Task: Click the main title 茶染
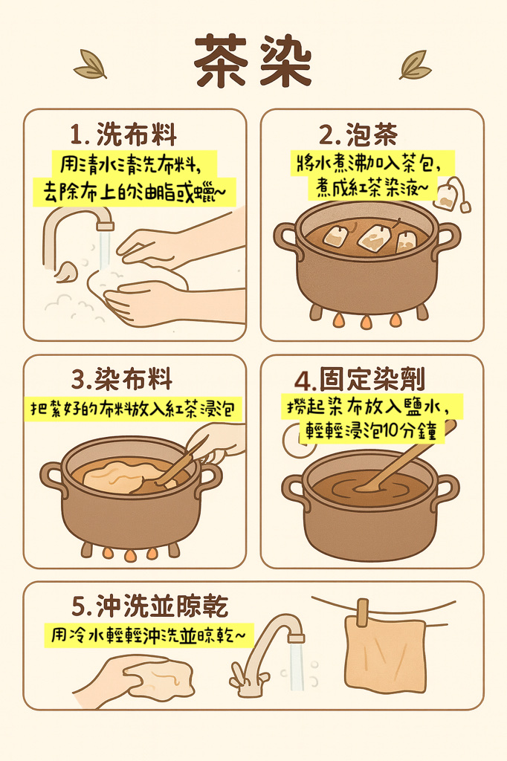pos(253,61)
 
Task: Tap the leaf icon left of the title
pos(91,64)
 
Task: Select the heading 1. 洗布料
pos(123,134)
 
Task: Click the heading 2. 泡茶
pos(358,134)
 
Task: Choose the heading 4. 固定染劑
pos(360,379)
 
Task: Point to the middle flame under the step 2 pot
pos(366,321)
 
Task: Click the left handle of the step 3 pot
pos(51,478)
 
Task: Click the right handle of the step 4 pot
pos(446,490)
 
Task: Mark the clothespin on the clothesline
pos(362,612)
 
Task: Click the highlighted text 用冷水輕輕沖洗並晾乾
pos(149,635)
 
